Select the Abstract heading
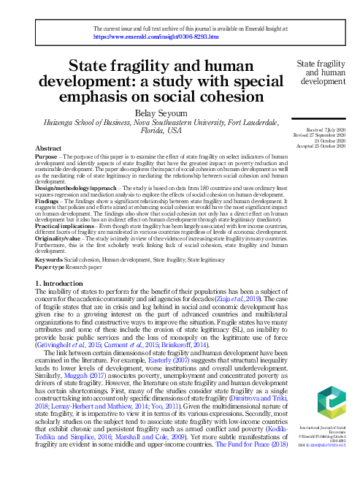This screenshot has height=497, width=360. [49, 148]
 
